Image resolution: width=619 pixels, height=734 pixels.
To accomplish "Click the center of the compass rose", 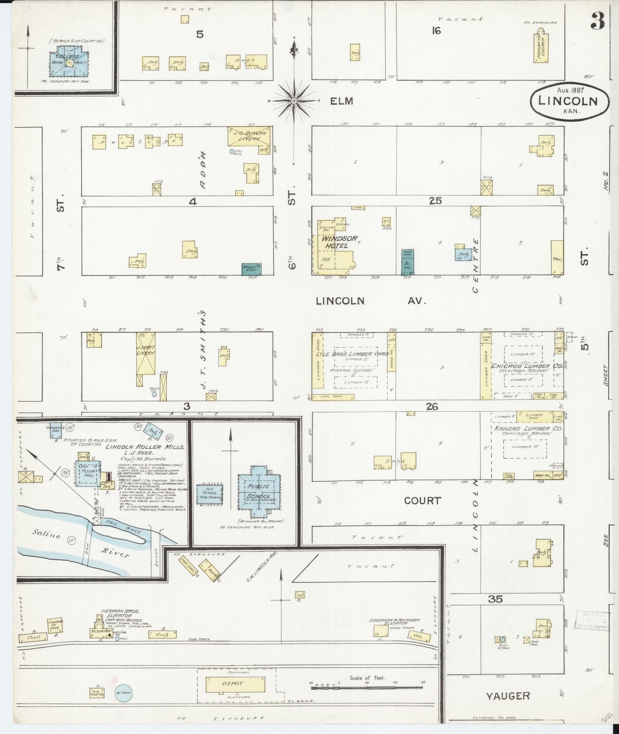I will [294, 101].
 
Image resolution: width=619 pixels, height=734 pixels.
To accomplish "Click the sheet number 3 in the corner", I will [598, 21].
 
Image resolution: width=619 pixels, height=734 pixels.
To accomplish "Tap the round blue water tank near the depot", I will [124, 692].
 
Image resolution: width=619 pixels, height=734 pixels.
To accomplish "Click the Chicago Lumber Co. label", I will [527, 366].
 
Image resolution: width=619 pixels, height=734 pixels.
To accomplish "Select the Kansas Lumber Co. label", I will [528, 428].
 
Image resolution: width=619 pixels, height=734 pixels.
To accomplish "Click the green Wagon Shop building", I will [251, 269].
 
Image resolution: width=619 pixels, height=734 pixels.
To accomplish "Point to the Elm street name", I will [341, 101].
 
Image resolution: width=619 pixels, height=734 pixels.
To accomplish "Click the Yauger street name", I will [508, 696].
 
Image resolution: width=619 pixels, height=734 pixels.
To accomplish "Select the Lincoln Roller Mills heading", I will [145, 447].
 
